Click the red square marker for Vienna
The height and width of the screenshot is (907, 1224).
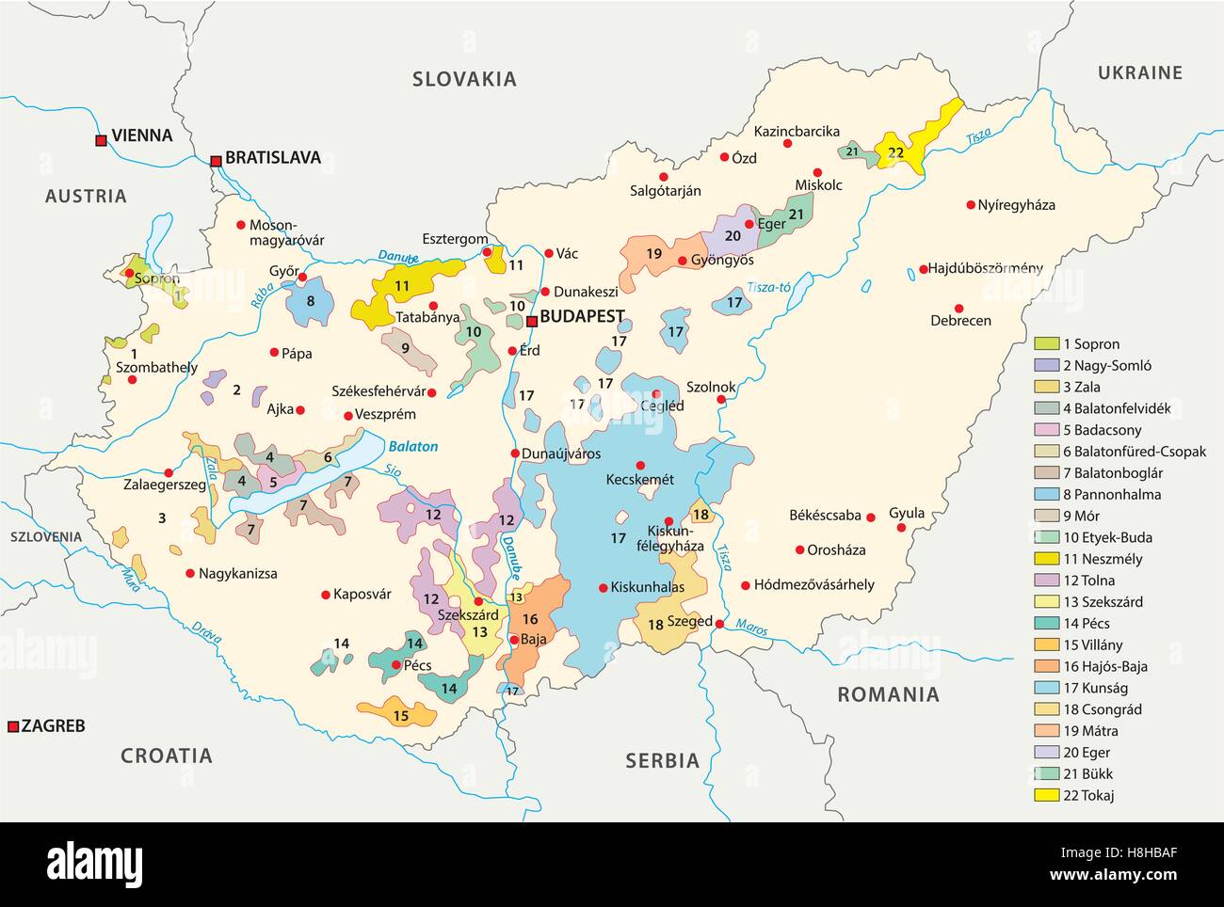101,140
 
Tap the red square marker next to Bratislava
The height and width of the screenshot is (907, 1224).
216,162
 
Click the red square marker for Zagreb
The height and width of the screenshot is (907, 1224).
12,726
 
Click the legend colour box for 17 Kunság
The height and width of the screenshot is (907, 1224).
1046,688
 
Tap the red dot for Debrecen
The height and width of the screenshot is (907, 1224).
958,308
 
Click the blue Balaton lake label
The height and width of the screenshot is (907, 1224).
413,447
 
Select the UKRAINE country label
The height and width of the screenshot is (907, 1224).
1139,72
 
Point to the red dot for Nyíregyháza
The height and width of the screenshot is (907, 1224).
970,204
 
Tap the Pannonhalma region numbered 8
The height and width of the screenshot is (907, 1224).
310,301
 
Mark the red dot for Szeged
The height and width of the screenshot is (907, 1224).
719,624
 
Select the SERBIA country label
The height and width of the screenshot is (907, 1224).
663,760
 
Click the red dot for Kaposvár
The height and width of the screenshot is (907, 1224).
326,594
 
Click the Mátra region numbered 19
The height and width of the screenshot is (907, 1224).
654,254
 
